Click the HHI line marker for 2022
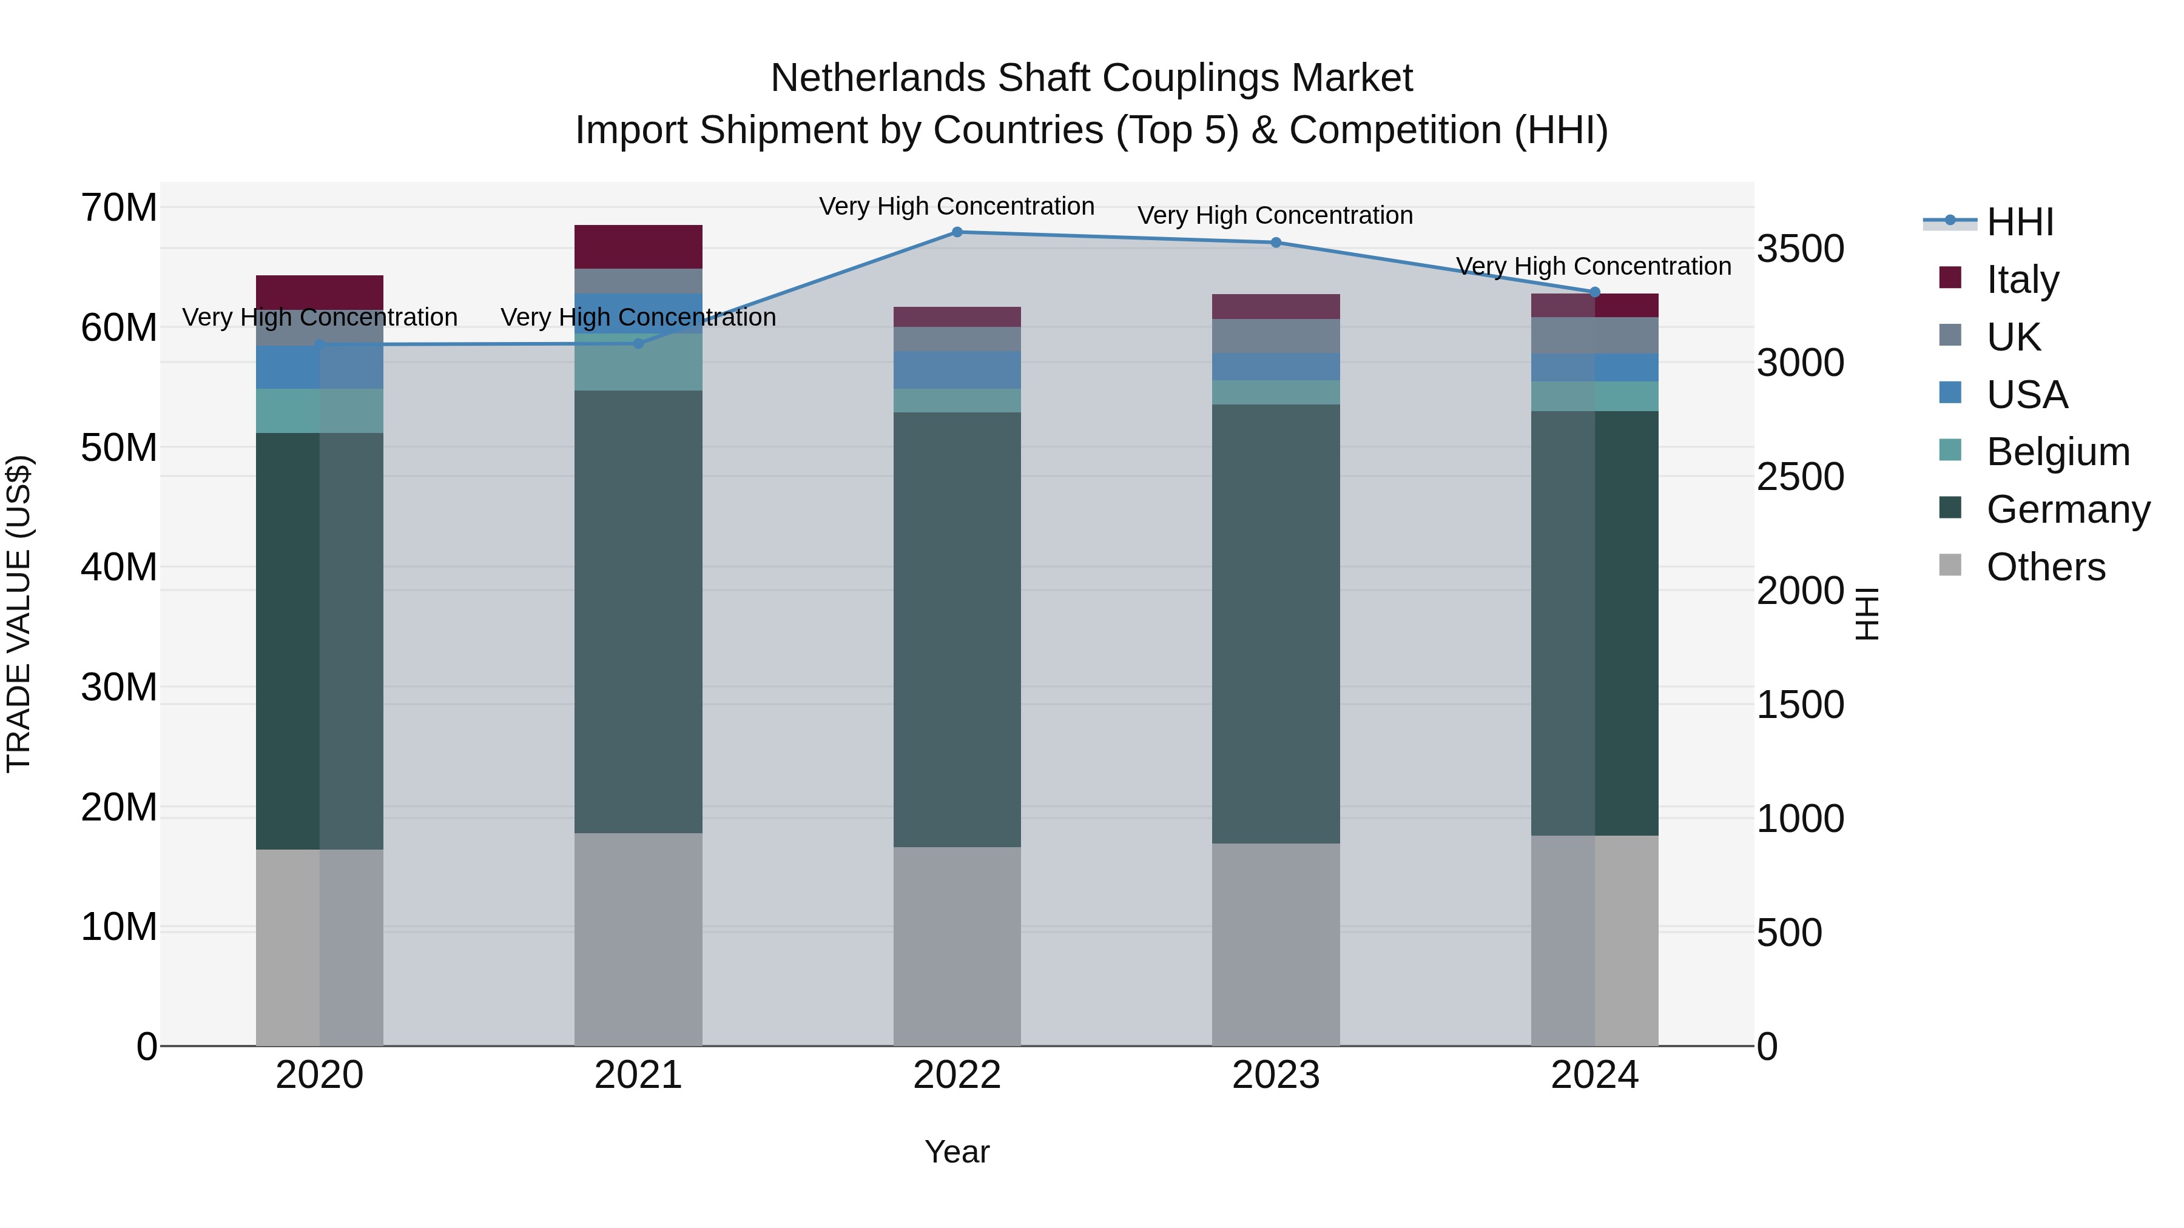pyautogui.click(x=957, y=232)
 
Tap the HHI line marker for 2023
pyautogui.click(x=1276, y=243)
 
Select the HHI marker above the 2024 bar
pyautogui.click(x=1595, y=292)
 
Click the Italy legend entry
pyautogui.click(x=2022, y=280)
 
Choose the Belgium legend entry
pyautogui.click(x=2058, y=452)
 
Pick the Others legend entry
pyautogui.click(x=2045, y=567)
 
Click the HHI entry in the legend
pyautogui.click(x=2020, y=222)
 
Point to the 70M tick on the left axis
pyautogui.click(x=119, y=207)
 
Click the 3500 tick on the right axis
pyautogui.click(x=1800, y=249)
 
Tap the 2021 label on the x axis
pyautogui.click(x=638, y=1075)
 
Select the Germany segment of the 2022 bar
pyautogui.click(x=957, y=629)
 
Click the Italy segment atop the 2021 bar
pyautogui.click(x=638, y=247)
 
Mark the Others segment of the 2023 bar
pyautogui.click(x=1276, y=944)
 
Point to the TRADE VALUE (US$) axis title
pyautogui.click(x=19, y=614)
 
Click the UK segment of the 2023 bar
pyautogui.click(x=1276, y=335)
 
